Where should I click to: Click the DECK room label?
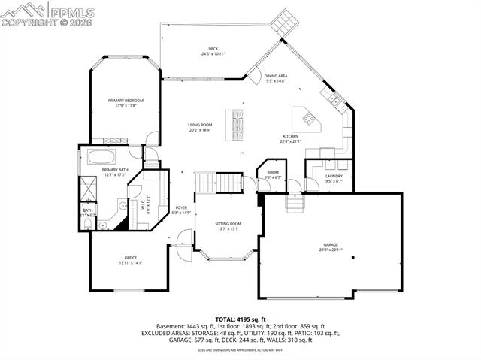(x=213, y=50)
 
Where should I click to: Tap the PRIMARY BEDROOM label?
(x=126, y=100)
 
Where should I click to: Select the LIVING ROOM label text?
(x=199, y=125)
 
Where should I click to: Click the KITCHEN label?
(x=290, y=136)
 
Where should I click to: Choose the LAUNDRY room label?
(x=334, y=176)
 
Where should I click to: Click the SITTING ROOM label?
(x=228, y=224)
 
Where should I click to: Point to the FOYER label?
(x=181, y=207)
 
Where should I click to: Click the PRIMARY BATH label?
(x=115, y=170)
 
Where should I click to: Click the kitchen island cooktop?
(x=308, y=117)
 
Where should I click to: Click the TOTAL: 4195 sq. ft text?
(x=240, y=319)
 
